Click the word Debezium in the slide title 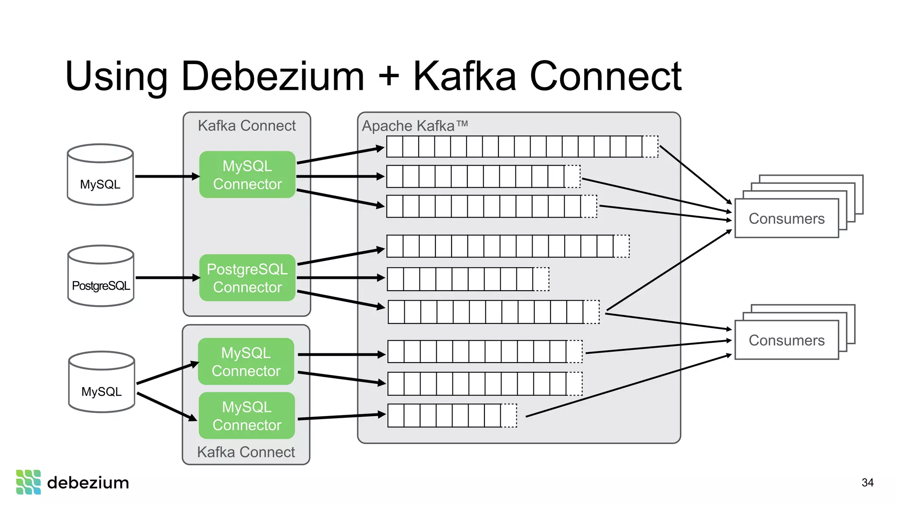point(272,77)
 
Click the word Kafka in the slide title point(464,77)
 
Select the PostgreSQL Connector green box point(247,278)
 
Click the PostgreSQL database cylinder point(101,276)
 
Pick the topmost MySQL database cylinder point(100,175)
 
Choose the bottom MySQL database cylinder point(101,382)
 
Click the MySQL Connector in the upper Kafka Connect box point(247,175)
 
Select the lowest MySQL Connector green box point(247,416)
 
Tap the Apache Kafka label point(414,126)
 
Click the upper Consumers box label point(786,218)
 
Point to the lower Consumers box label point(786,340)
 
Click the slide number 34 point(867,483)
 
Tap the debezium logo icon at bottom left point(28,482)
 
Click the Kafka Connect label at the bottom point(246,452)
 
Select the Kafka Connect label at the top point(247,126)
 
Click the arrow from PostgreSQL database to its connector point(166,278)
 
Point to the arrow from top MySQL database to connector point(166,177)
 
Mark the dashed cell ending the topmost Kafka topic point(650,146)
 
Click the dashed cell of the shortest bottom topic point(509,416)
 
